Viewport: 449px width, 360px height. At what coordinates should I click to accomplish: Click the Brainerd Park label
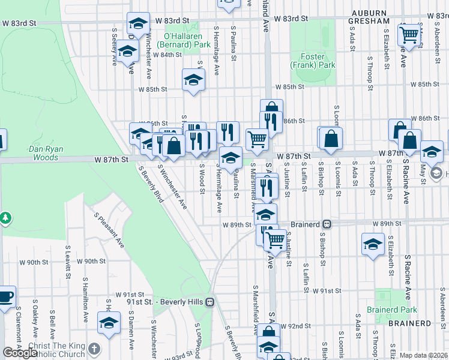coord(396,310)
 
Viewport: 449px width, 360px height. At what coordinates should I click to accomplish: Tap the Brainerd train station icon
coord(328,224)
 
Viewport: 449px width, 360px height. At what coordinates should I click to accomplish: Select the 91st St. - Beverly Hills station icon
coord(209,302)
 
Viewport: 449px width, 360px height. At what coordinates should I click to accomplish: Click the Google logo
coord(20,353)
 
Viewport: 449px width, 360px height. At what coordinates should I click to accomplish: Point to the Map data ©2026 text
coord(424,355)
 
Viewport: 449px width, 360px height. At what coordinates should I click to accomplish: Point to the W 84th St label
coord(167,55)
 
